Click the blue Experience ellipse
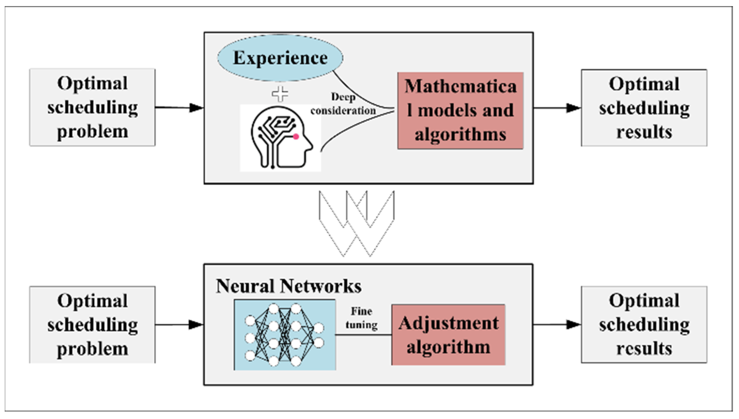(280, 58)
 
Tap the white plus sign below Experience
(280, 94)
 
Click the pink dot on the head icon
(296, 137)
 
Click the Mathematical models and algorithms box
(460, 110)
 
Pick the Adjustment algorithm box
(448, 335)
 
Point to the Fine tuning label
(362, 318)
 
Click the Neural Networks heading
(289, 286)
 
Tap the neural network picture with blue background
(285, 335)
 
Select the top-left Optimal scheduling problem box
(92, 107)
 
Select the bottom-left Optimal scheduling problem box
(92, 325)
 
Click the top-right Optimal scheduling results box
(644, 108)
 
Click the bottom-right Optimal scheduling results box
(644, 325)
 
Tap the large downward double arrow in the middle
(357, 223)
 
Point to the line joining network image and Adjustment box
(364, 335)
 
